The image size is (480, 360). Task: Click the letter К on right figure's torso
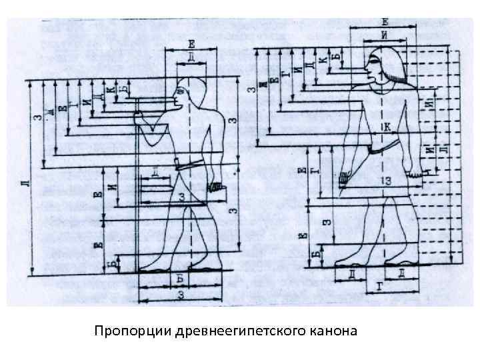pyautogui.click(x=387, y=125)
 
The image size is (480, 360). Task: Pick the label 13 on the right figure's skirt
pyautogui.click(x=386, y=181)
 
